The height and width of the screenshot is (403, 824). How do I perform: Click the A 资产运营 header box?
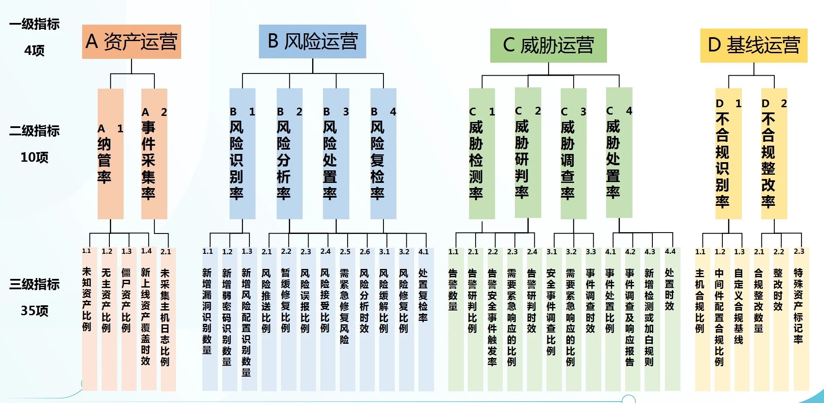click(131, 42)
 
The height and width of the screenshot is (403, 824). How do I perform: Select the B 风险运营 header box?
click(312, 42)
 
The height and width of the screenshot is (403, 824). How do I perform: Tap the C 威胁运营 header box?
click(548, 45)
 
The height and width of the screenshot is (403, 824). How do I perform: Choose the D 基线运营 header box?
click(754, 45)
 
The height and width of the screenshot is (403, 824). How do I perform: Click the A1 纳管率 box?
click(111, 154)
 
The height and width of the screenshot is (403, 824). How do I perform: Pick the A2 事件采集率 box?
click(154, 154)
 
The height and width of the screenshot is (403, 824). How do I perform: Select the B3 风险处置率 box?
click(336, 154)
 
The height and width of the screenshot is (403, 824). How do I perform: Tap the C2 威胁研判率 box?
click(528, 153)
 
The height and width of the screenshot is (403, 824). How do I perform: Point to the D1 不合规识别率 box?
click(728, 154)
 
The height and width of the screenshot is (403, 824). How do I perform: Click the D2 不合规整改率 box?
click(774, 154)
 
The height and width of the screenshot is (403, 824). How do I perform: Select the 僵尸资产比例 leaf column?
click(126, 319)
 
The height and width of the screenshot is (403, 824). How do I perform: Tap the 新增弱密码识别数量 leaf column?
click(227, 319)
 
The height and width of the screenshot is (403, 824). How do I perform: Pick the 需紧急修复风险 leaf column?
click(345, 319)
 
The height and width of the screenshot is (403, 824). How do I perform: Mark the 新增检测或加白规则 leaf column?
click(650, 319)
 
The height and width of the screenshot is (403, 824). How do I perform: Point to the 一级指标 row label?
click(35, 24)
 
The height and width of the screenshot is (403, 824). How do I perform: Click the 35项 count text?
click(35, 311)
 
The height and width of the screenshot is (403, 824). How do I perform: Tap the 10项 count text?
click(35, 157)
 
